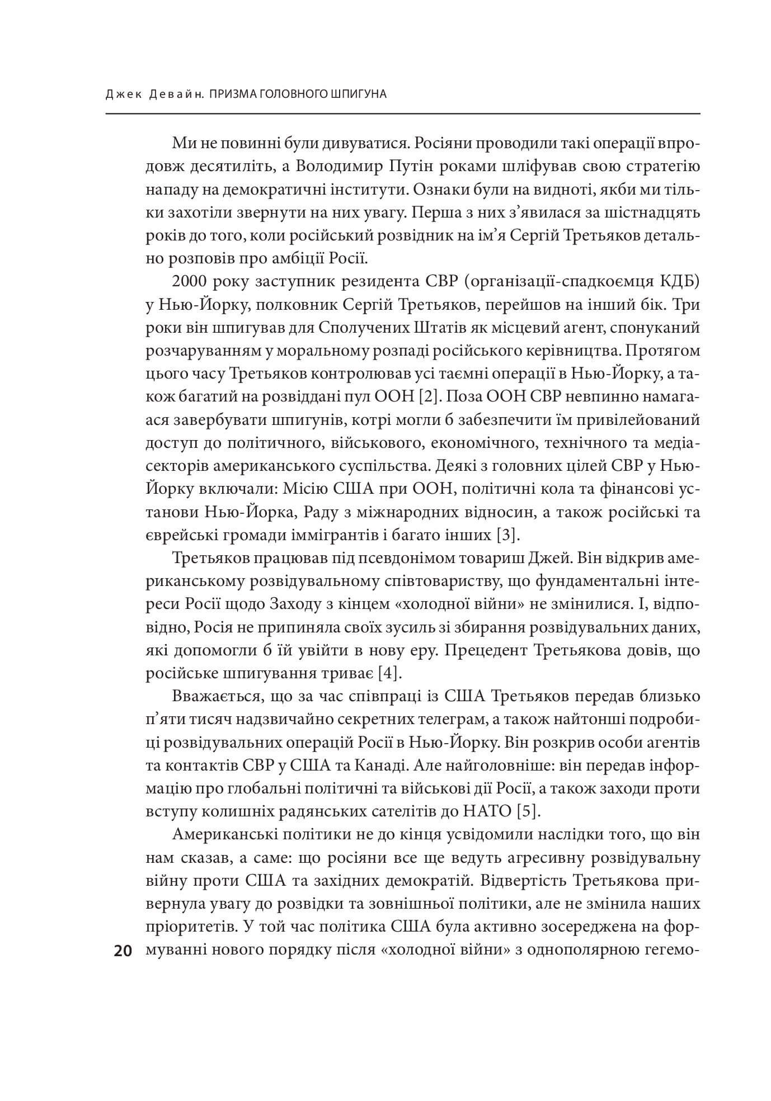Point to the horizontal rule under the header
403,114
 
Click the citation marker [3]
508,535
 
